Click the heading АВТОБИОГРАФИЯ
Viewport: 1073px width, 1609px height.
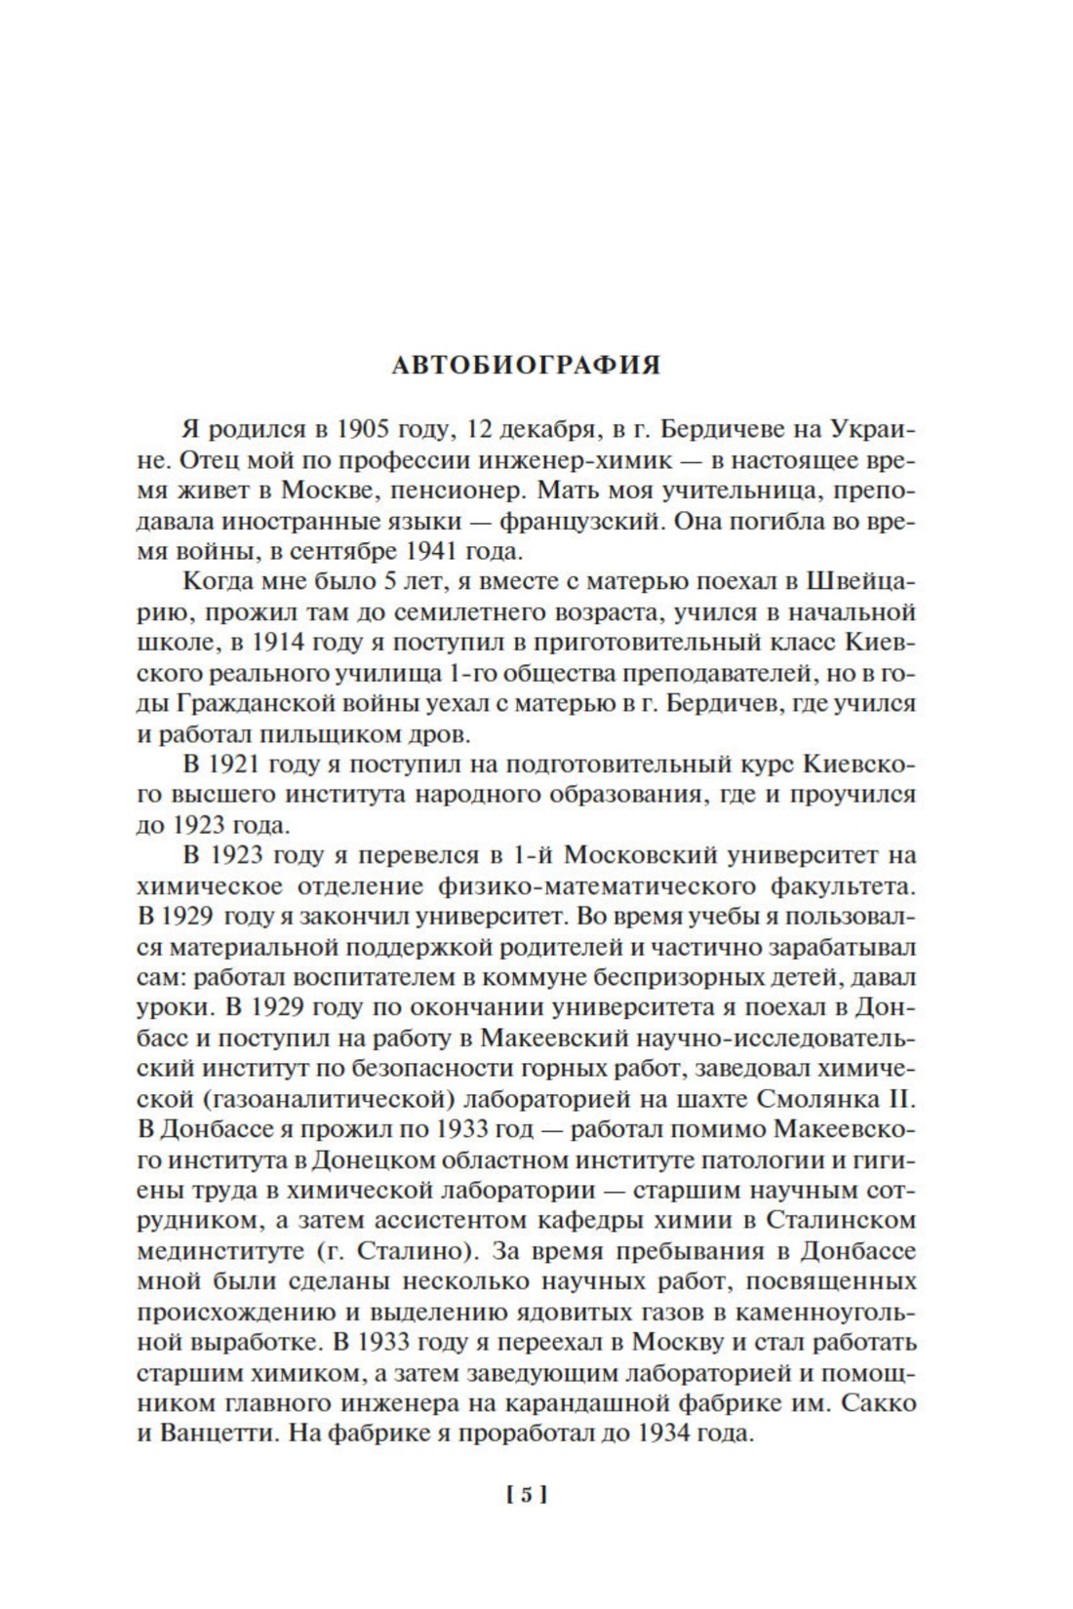526,365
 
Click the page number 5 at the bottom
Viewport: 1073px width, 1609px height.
526,1495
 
